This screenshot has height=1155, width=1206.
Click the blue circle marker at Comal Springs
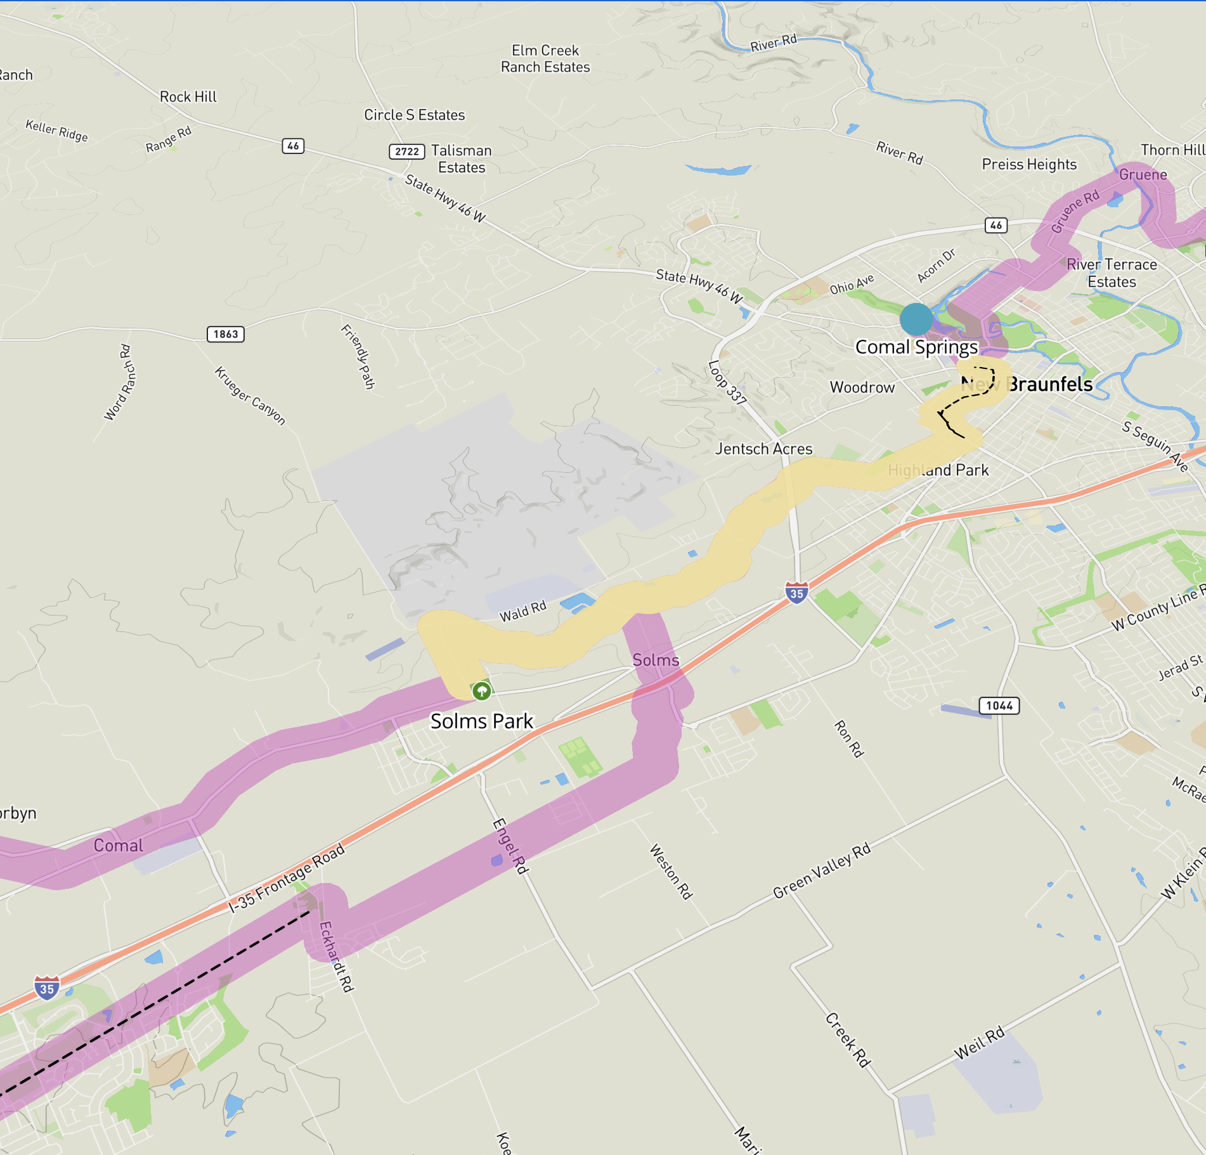coord(916,319)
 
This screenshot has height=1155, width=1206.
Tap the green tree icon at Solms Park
coord(482,690)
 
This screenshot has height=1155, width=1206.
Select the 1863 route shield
coord(226,334)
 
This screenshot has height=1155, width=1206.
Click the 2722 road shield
coord(406,152)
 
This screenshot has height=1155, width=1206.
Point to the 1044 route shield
coord(999,706)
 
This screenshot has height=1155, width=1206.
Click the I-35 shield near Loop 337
coord(796,593)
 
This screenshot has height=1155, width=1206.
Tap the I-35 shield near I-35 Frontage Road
coord(47,988)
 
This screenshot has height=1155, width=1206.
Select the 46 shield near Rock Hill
coord(293,146)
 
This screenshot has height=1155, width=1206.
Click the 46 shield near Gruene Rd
coord(996,225)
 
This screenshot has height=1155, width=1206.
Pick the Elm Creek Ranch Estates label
coord(545,58)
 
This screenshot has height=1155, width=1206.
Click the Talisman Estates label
coord(462,159)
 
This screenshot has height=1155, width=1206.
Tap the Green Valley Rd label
coord(822,871)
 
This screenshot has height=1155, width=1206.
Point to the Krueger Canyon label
coord(250,396)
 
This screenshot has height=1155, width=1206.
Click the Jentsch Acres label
coord(764,449)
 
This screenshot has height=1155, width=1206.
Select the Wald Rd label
coord(522,611)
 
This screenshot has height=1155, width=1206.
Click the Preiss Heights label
coord(1029,164)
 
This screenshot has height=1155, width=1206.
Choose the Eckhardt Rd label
coord(335,957)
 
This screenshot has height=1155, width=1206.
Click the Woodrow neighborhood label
coord(862,387)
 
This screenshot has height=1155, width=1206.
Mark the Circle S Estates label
coord(414,115)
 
